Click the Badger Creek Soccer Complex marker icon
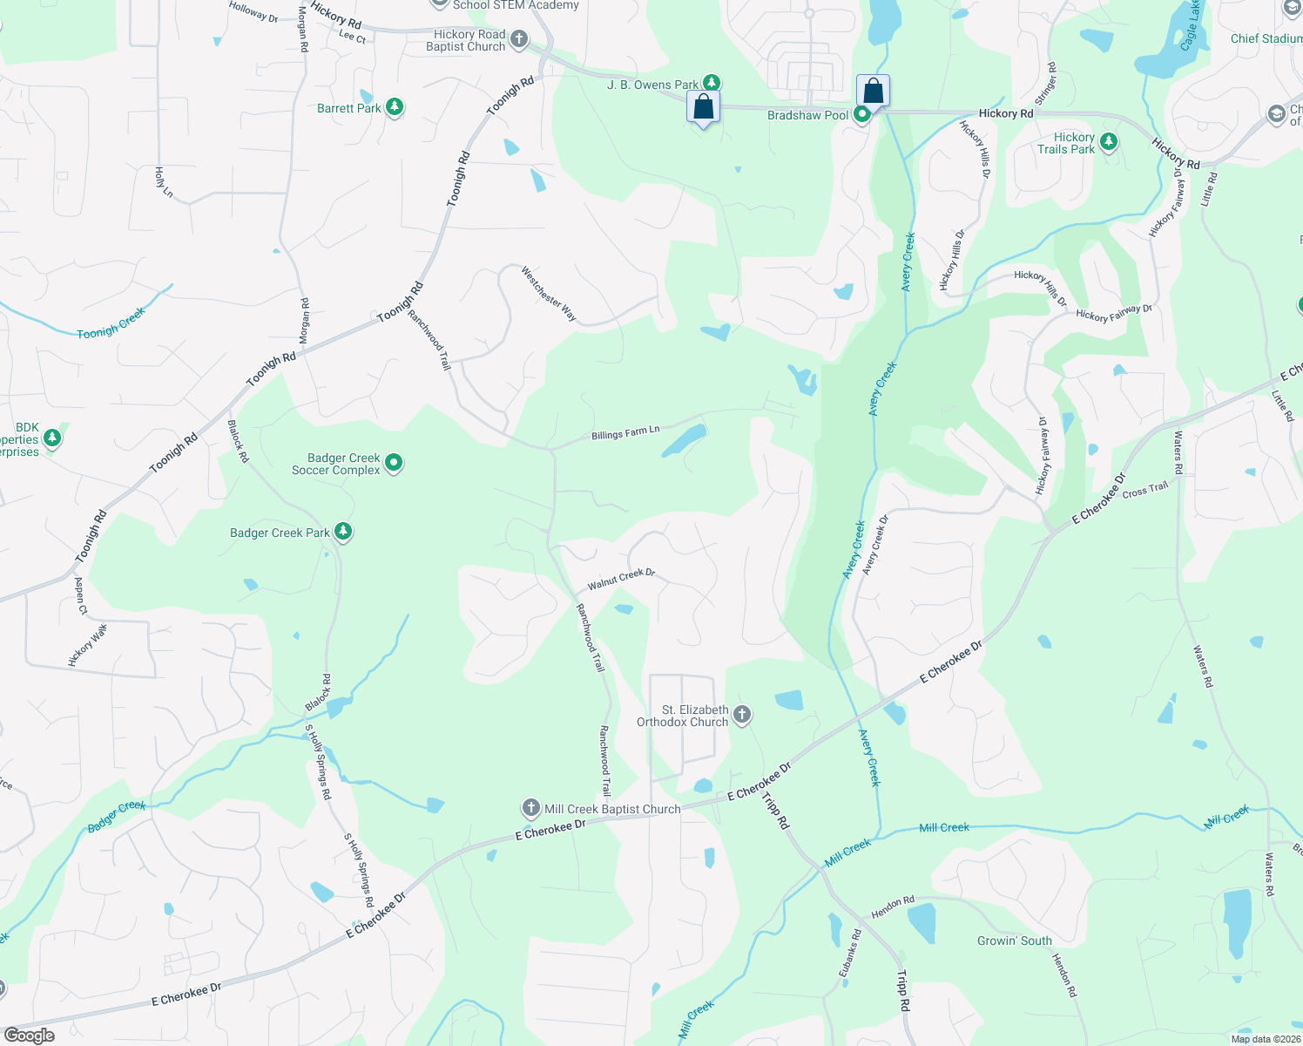pyautogui.click(x=394, y=463)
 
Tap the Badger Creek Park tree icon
pyautogui.click(x=343, y=532)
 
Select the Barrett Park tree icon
pyautogui.click(x=395, y=107)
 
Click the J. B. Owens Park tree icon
pyautogui.click(x=712, y=84)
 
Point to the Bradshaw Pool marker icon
pyautogui.click(x=862, y=114)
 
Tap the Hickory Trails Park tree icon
pyautogui.click(x=1108, y=142)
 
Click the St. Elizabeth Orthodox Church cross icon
pyautogui.click(x=741, y=716)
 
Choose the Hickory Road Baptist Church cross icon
pyautogui.click(x=519, y=39)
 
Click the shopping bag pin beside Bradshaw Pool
pyautogui.click(x=873, y=92)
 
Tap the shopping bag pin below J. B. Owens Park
pyautogui.click(x=702, y=108)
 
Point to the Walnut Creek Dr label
pyautogui.click(x=621, y=579)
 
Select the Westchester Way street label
pyautogui.click(x=549, y=294)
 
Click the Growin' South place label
pyautogui.click(x=1015, y=941)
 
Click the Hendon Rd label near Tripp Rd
pyautogui.click(x=893, y=907)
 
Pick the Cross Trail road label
pyautogui.click(x=1145, y=490)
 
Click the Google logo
pyautogui.click(x=30, y=1036)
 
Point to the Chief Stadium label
pyautogui.click(x=1266, y=38)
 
